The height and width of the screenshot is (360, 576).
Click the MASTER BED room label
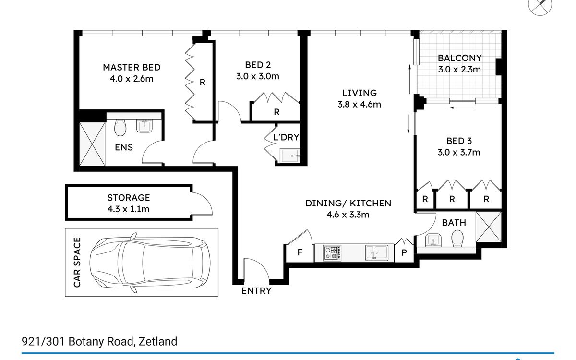132,67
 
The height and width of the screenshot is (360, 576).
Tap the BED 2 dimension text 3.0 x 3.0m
258,76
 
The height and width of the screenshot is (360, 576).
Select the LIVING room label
360,93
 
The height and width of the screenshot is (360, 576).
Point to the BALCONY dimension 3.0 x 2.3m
459,70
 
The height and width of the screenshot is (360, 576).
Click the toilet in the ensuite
120,128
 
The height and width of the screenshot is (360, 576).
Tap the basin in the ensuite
144,126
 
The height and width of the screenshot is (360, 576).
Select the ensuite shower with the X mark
92,144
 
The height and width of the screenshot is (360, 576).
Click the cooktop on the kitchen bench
332,253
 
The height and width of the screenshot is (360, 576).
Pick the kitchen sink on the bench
377,253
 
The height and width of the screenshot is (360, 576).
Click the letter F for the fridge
300,252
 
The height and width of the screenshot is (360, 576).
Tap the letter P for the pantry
404,253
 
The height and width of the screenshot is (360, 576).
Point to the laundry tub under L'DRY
290,156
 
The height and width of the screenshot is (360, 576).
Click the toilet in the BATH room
457,238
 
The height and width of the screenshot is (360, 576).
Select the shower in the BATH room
489,227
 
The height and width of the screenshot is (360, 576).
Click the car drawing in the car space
150,263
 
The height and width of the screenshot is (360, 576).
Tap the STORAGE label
129,198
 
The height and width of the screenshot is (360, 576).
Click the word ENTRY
256,291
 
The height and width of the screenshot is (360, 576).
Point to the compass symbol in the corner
540,5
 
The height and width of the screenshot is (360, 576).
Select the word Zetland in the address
158,341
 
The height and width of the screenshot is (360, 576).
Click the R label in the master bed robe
203,82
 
